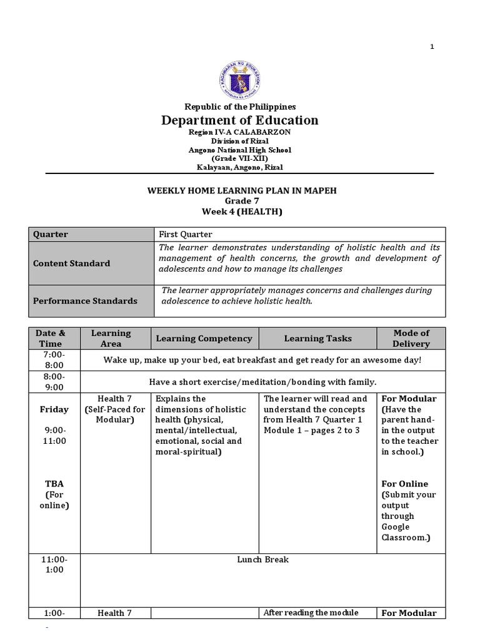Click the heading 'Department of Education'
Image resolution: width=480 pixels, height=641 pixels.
pyautogui.click(x=240, y=120)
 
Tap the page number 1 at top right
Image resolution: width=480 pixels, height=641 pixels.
pyautogui.click(x=431, y=48)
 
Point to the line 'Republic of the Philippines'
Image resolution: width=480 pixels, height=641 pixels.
pyautogui.click(x=240, y=107)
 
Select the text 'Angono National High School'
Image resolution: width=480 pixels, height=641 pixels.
pyautogui.click(x=240, y=150)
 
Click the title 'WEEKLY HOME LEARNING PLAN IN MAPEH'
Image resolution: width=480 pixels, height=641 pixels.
pyautogui.click(x=240, y=190)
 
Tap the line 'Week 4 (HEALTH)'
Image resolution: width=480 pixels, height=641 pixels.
pyautogui.click(x=240, y=212)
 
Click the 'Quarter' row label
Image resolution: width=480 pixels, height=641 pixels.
pyautogui.click(x=51, y=234)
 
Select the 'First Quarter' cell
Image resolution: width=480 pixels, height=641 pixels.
pyautogui.click(x=186, y=234)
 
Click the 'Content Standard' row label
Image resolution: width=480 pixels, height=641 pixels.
pyautogui.click(x=72, y=264)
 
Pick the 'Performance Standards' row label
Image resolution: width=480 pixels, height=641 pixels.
pyautogui.click(x=85, y=301)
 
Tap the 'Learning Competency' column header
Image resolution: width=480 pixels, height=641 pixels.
pyautogui.click(x=204, y=339)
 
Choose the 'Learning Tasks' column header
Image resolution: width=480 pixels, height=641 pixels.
pyautogui.click(x=317, y=339)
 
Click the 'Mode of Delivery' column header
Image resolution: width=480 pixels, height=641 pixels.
pyautogui.click(x=411, y=338)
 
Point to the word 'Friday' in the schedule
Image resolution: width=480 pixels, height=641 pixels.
pyautogui.click(x=54, y=409)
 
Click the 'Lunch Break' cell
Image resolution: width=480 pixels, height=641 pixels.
pyautogui.click(x=262, y=560)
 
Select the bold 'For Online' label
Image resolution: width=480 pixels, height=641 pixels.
pyautogui.click(x=404, y=484)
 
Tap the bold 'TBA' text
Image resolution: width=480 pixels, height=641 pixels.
pyautogui.click(x=54, y=484)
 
